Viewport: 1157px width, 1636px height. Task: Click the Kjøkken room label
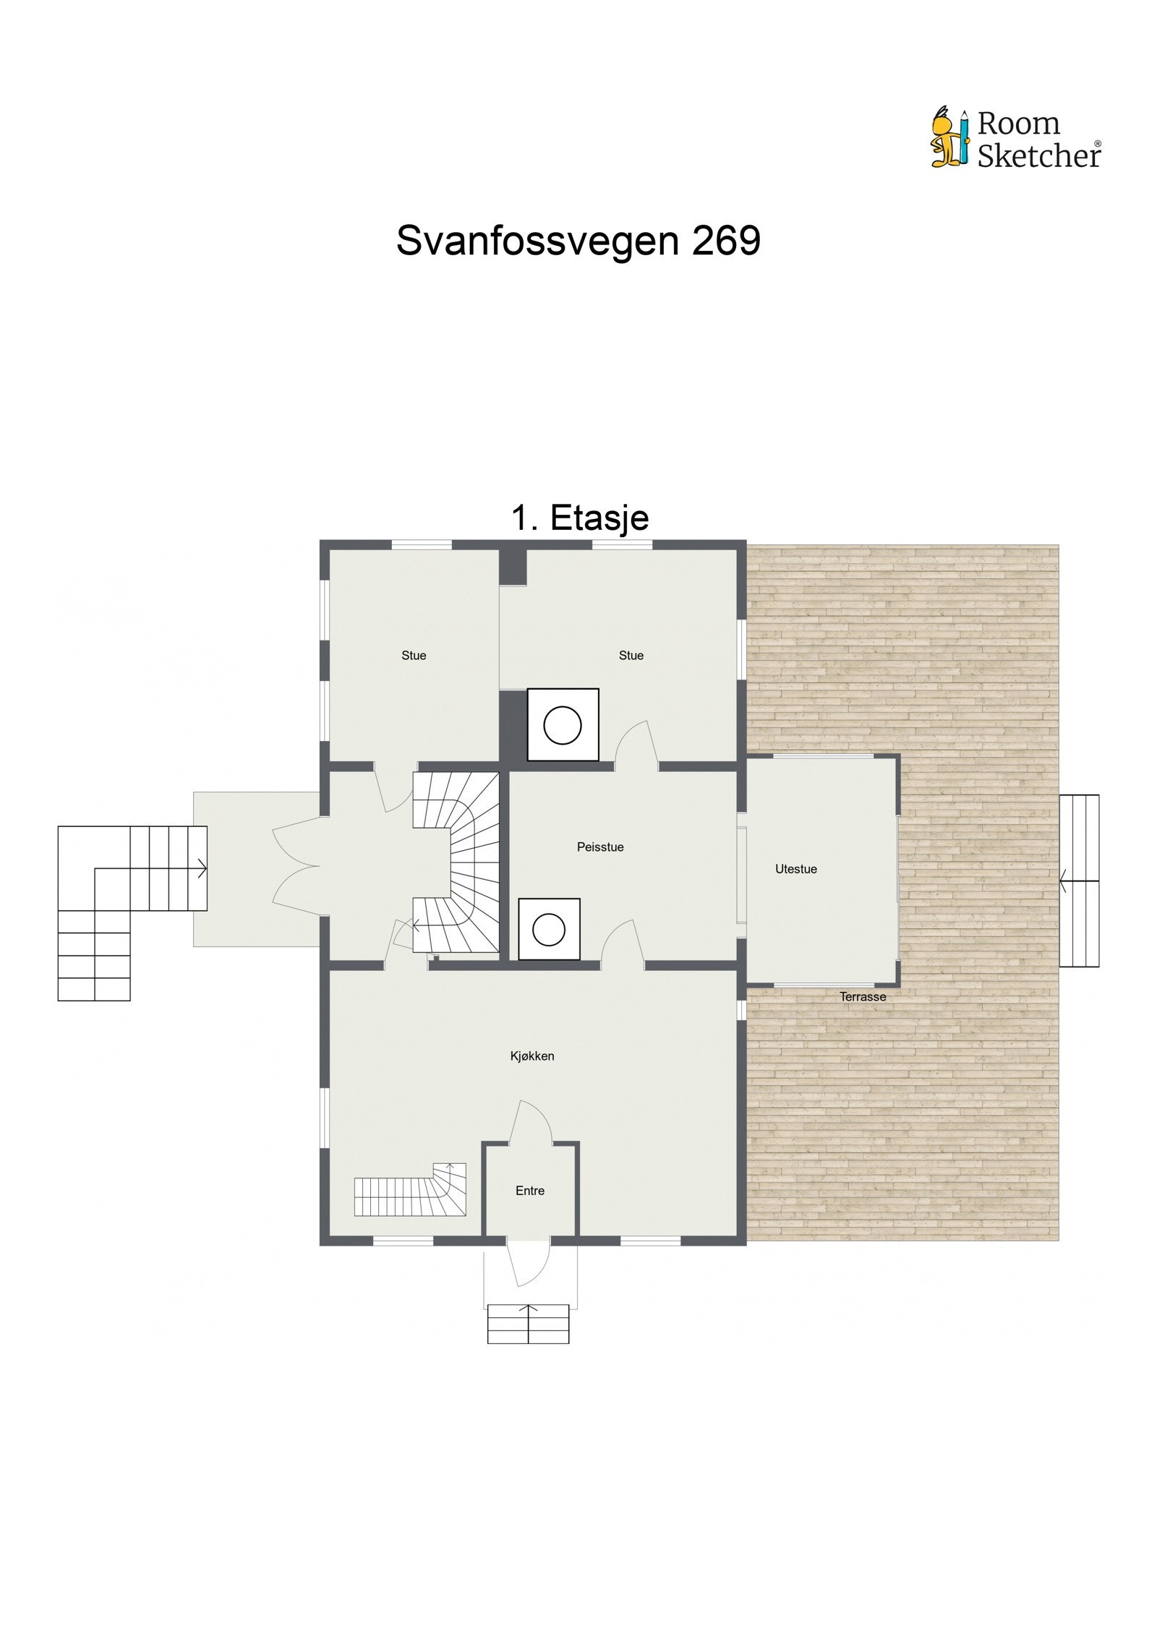pos(532,1056)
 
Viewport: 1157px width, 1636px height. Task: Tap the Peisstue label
pos(600,847)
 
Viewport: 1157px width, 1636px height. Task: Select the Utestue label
pos(796,870)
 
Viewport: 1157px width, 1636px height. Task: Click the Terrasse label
pos(863,997)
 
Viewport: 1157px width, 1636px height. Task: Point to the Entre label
pos(530,1191)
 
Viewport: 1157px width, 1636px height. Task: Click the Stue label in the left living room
pos(414,656)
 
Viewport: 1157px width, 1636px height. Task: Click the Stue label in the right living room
pos(631,656)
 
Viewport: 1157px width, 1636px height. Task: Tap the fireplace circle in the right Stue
pos(563,725)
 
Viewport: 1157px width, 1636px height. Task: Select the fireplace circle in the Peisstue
pos(549,930)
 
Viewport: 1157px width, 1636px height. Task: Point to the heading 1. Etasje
pos(580,518)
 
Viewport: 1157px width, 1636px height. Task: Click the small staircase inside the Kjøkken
pos(411,1191)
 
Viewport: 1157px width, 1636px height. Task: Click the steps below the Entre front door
pos(529,1324)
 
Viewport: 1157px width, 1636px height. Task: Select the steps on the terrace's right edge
pos(1079,881)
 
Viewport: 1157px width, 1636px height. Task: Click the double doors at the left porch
pos(296,865)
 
